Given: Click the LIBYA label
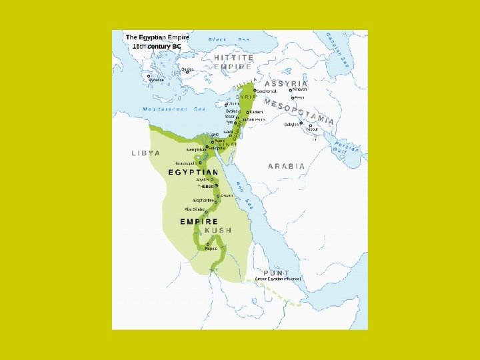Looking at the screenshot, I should click(x=145, y=153).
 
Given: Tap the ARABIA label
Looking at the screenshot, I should click(x=287, y=165).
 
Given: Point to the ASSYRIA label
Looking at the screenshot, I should click(x=286, y=83).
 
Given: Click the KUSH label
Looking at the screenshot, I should click(x=218, y=230).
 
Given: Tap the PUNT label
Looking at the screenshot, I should click(x=277, y=273).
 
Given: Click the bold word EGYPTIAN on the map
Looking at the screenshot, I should click(x=193, y=172).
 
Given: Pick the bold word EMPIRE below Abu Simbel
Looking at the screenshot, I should click(x=200, y=221).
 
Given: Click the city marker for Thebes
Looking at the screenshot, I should click(x=216, y=186).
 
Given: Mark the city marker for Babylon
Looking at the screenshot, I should click(x=301, y=123).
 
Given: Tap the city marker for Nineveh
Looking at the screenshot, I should click(x=291, y=89).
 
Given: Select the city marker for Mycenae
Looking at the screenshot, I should click(x=149, y=76).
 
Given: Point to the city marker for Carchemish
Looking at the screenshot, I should click(x=255, y=91).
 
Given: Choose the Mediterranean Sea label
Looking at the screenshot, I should click(x=175, y=109).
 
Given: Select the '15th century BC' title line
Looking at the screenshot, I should click(x=157, y=47).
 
